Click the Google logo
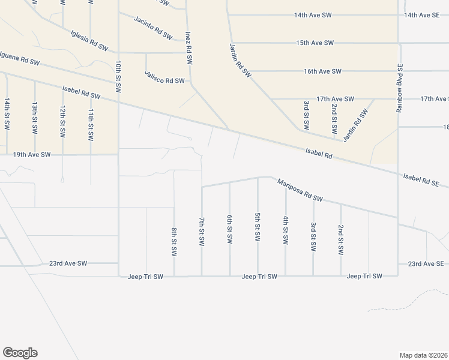point(20,353)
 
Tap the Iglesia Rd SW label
point(89,40)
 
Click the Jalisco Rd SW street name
point(164,77)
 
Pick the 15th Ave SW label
point(315,43)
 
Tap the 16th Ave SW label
point(322,71)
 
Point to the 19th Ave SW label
point(32,155)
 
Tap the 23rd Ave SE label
point(425,264)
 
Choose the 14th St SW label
point(7,115)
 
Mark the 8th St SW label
point(174,242)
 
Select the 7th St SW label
point(202,231)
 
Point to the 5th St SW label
point(258,227)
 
